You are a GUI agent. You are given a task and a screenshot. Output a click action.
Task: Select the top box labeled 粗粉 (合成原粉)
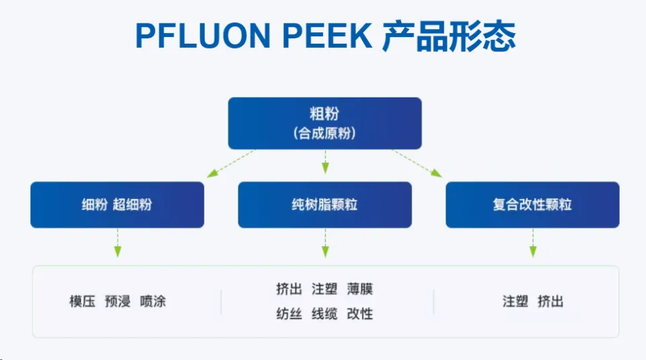pos(324,123)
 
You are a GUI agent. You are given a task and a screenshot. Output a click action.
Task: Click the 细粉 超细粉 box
pos(117,205)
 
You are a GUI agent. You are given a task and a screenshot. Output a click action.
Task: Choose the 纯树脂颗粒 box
pos(324,205)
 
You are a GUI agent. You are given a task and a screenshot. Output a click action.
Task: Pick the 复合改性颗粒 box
pos(532,205)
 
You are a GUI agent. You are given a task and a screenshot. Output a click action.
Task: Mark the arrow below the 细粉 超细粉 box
pos(118,243)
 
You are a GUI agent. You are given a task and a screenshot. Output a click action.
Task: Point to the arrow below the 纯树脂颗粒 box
pos(325,243)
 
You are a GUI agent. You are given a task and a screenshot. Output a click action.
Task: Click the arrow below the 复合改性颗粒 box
pos(533,243)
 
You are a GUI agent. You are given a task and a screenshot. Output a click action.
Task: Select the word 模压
pos(82,301)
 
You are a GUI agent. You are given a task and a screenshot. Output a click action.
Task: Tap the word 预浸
pos(118,301)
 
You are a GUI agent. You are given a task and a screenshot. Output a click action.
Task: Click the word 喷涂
pos(153,301)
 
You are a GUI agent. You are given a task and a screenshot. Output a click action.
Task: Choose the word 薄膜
pos(360,289)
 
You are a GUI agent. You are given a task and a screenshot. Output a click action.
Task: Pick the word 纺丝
pos(289,314)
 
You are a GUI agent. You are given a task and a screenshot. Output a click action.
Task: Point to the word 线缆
pos(324,314)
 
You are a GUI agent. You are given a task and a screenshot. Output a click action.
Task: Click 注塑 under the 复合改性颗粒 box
pos(515,301)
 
